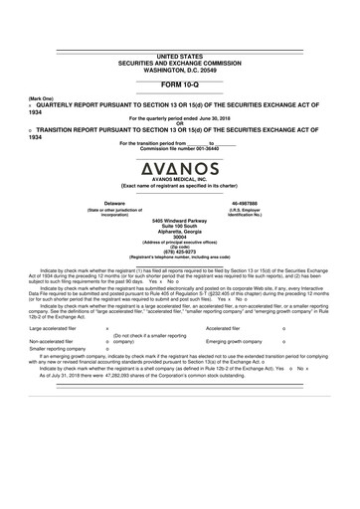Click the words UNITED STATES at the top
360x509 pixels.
(x=179, y=57)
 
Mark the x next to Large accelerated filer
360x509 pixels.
(x=106, y=327)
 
